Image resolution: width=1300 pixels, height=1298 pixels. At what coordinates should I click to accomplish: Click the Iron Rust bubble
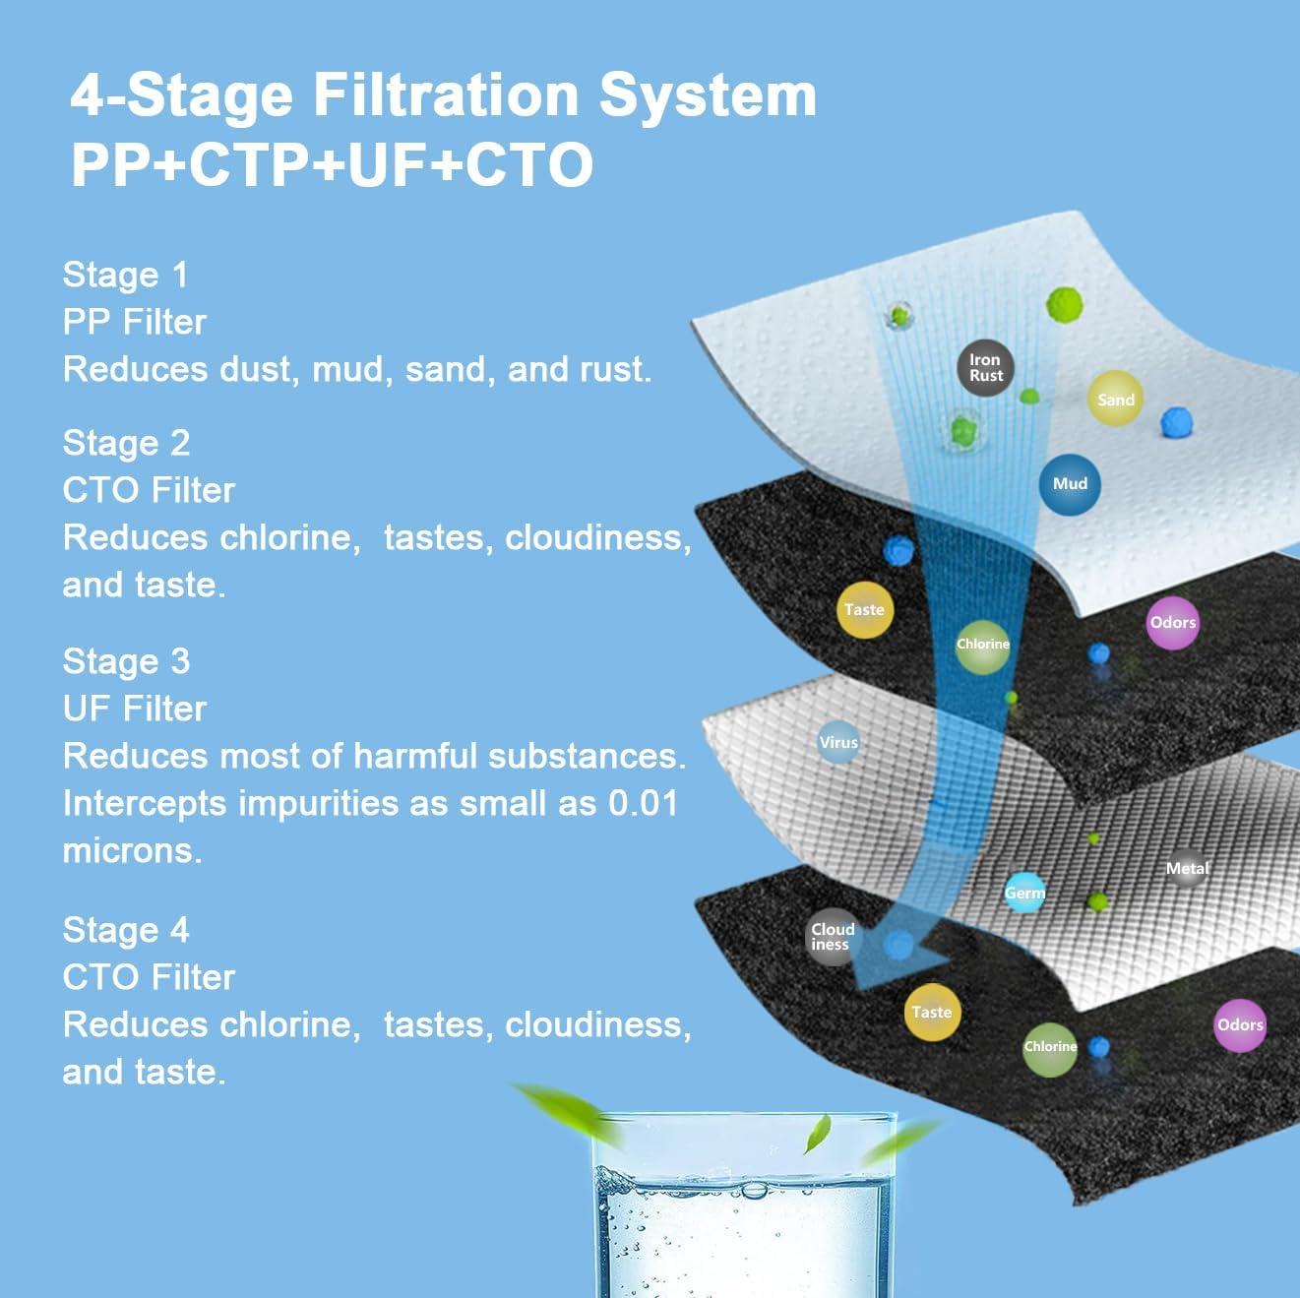click(x=986, y=368)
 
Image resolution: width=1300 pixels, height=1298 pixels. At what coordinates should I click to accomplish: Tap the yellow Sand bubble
click(x=1115, y=399)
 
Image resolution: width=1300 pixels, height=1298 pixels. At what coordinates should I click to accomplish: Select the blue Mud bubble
click(x=1070, y=484)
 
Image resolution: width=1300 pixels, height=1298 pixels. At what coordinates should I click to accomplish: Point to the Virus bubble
click(x=838, y=742)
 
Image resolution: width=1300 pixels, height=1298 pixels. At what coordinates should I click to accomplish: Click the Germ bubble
click(x=1024, y=893)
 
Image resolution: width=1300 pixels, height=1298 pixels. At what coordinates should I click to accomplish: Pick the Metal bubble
click(x=1187, y=868)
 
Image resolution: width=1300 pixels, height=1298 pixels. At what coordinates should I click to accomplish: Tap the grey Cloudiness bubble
click(x=833, y=937)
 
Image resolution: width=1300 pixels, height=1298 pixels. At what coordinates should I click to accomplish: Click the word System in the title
click(x=708, y=95)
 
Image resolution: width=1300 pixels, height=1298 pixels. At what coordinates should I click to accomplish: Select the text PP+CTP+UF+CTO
click(x=332, y=164)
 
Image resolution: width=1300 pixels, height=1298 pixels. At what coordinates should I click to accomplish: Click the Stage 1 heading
click(x=126, y=276)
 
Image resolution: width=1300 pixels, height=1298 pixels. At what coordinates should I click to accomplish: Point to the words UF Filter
click(x=134, y=709)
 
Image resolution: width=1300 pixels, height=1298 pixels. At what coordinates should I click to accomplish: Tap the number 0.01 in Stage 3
click(x=643, y=803)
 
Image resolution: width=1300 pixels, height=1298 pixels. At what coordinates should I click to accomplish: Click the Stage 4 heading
click(x=126, y=930)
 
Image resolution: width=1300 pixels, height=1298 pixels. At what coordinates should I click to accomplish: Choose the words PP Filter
click(x=134, y=322)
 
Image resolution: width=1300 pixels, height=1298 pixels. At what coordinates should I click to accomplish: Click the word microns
click(x=132, y=850)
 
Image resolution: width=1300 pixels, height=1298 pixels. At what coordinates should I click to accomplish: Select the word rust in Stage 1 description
click(x=614, y=370)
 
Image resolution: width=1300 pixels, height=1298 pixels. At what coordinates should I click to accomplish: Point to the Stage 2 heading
click(x=126, y=443)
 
